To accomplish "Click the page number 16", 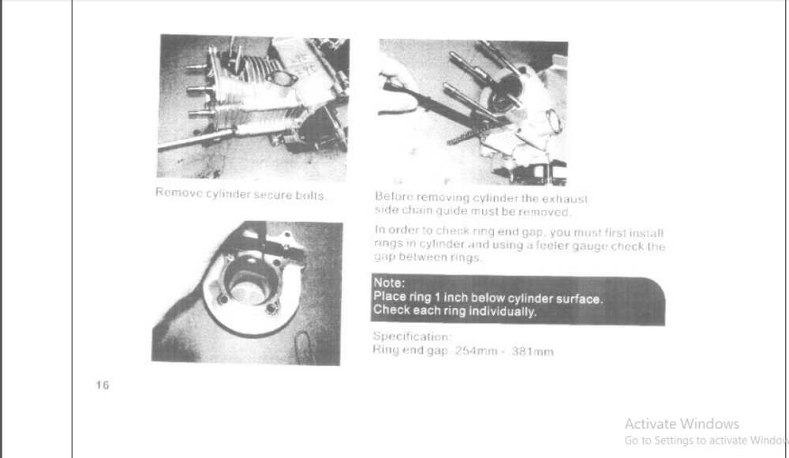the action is tap(103, 385).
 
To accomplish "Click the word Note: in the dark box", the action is tap(389, 283).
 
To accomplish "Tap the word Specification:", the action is tap(412, 336).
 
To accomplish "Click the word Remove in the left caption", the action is tap(178, 193).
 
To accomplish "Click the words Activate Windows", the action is tap(682, 424).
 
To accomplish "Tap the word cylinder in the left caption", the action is tap(228, 194).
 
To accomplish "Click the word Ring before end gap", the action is tap(384, 350).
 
